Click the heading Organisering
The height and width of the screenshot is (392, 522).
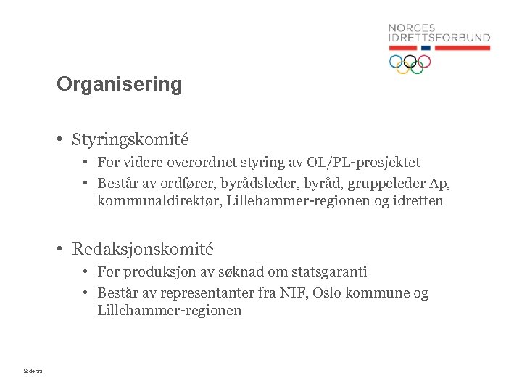point(120,84)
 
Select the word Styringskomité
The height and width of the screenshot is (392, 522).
point(130,138)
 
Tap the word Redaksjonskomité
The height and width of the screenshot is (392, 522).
point(143,249)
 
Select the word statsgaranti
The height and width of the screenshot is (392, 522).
point(330,272)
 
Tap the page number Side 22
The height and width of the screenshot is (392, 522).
point(33,371)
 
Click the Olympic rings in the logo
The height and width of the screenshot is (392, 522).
point(410,64)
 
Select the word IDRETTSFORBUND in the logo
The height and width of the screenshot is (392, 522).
point(439,38)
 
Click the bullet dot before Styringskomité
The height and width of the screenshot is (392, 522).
point(63,139)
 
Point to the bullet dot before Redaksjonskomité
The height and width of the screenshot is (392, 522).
point(63,250)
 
